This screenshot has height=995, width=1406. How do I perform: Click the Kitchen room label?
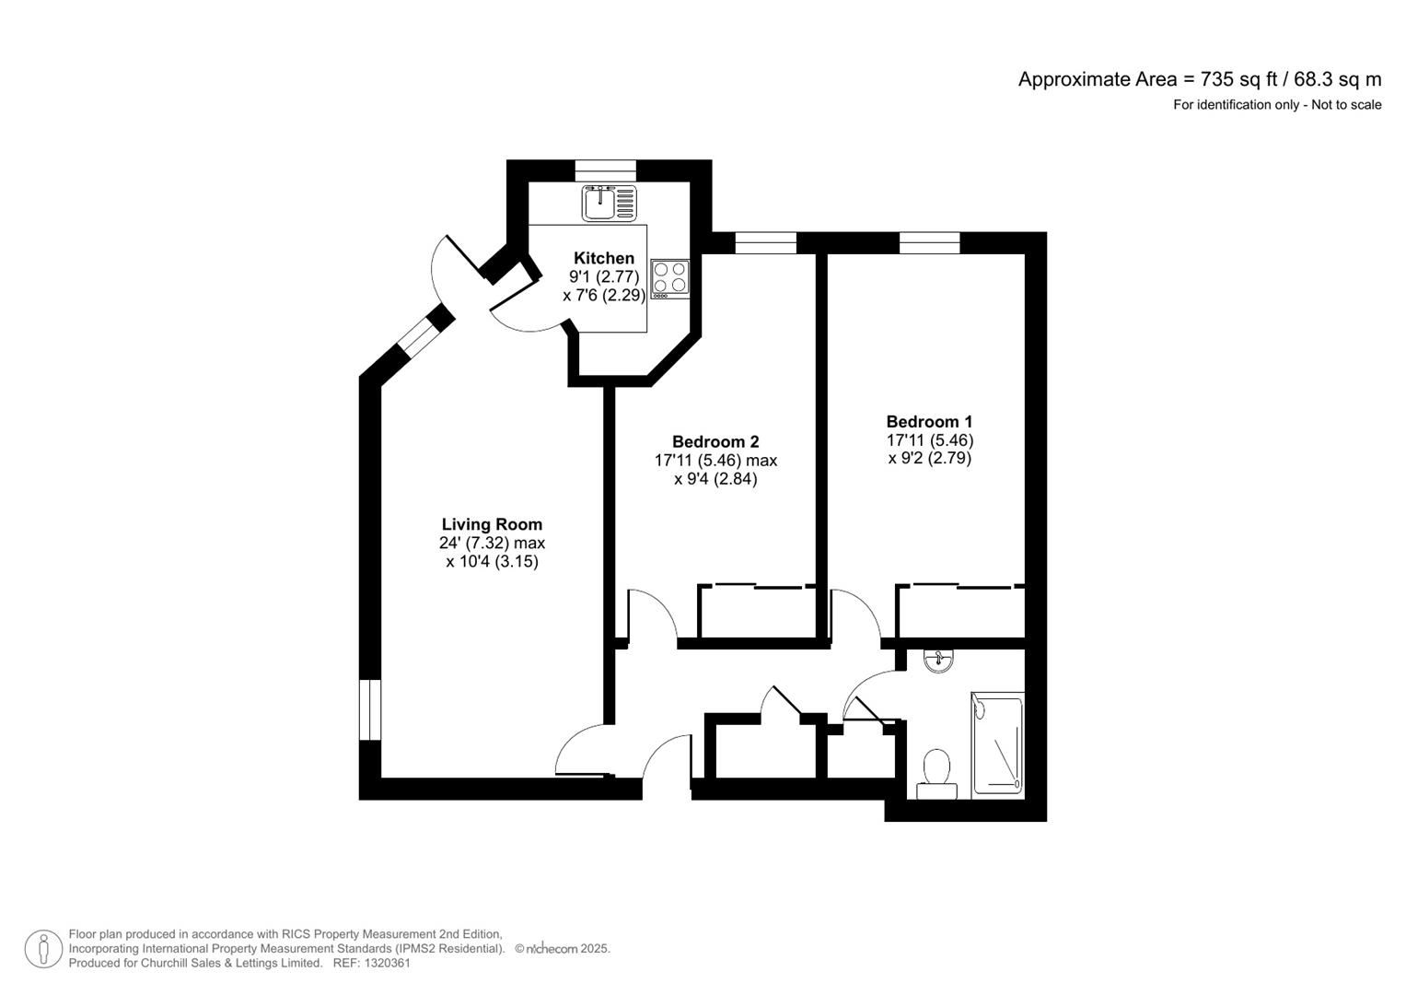604,258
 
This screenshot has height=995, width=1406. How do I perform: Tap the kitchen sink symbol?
609,203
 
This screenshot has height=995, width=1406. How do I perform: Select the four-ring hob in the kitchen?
669,279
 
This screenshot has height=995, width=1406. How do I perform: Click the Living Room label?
492,524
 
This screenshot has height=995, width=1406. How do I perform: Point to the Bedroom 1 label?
930,422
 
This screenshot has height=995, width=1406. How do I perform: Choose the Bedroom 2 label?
715,441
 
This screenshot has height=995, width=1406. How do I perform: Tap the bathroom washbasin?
938,661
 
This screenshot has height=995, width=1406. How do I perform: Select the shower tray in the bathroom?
997,745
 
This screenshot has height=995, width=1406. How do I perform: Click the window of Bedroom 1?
930,243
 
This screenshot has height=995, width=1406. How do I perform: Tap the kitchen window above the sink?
606,170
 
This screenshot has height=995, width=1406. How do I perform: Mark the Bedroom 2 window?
766,243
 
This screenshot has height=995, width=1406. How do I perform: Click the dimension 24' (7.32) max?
492,543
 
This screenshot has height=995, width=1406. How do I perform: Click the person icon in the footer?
44,949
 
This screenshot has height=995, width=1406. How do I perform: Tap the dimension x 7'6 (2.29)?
604,295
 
